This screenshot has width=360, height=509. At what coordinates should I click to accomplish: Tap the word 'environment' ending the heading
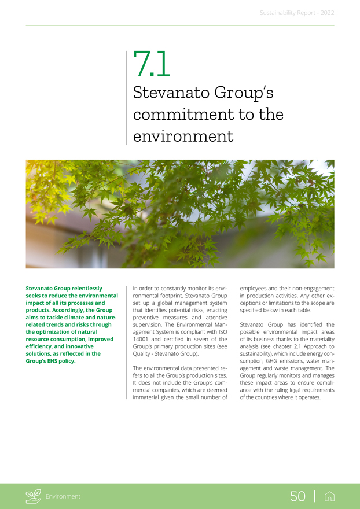click(183, 137)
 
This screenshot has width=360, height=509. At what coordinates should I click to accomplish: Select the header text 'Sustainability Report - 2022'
click(297, 12)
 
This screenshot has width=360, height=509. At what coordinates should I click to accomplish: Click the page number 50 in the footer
click(298, 496)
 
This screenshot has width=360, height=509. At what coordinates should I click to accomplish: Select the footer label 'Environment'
click(64, 496)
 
